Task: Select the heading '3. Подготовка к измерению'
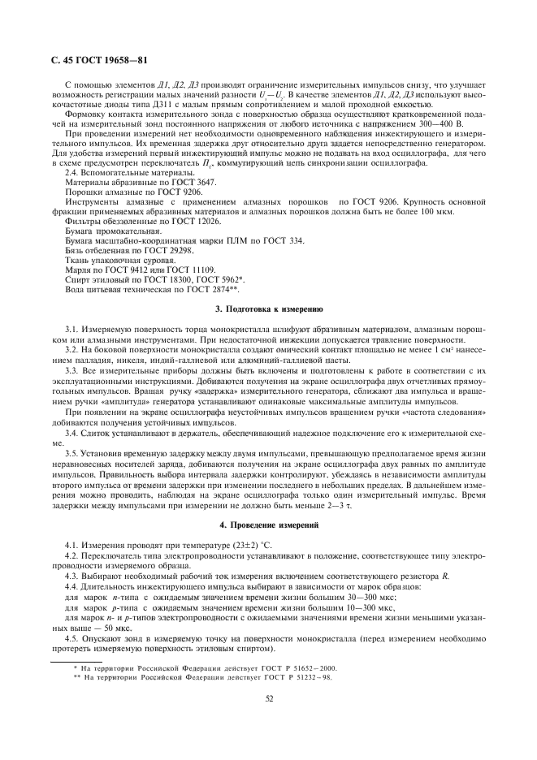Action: click(268, 310)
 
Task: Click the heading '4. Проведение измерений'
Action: click(268, 525)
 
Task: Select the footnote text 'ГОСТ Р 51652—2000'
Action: click(299, 667)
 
